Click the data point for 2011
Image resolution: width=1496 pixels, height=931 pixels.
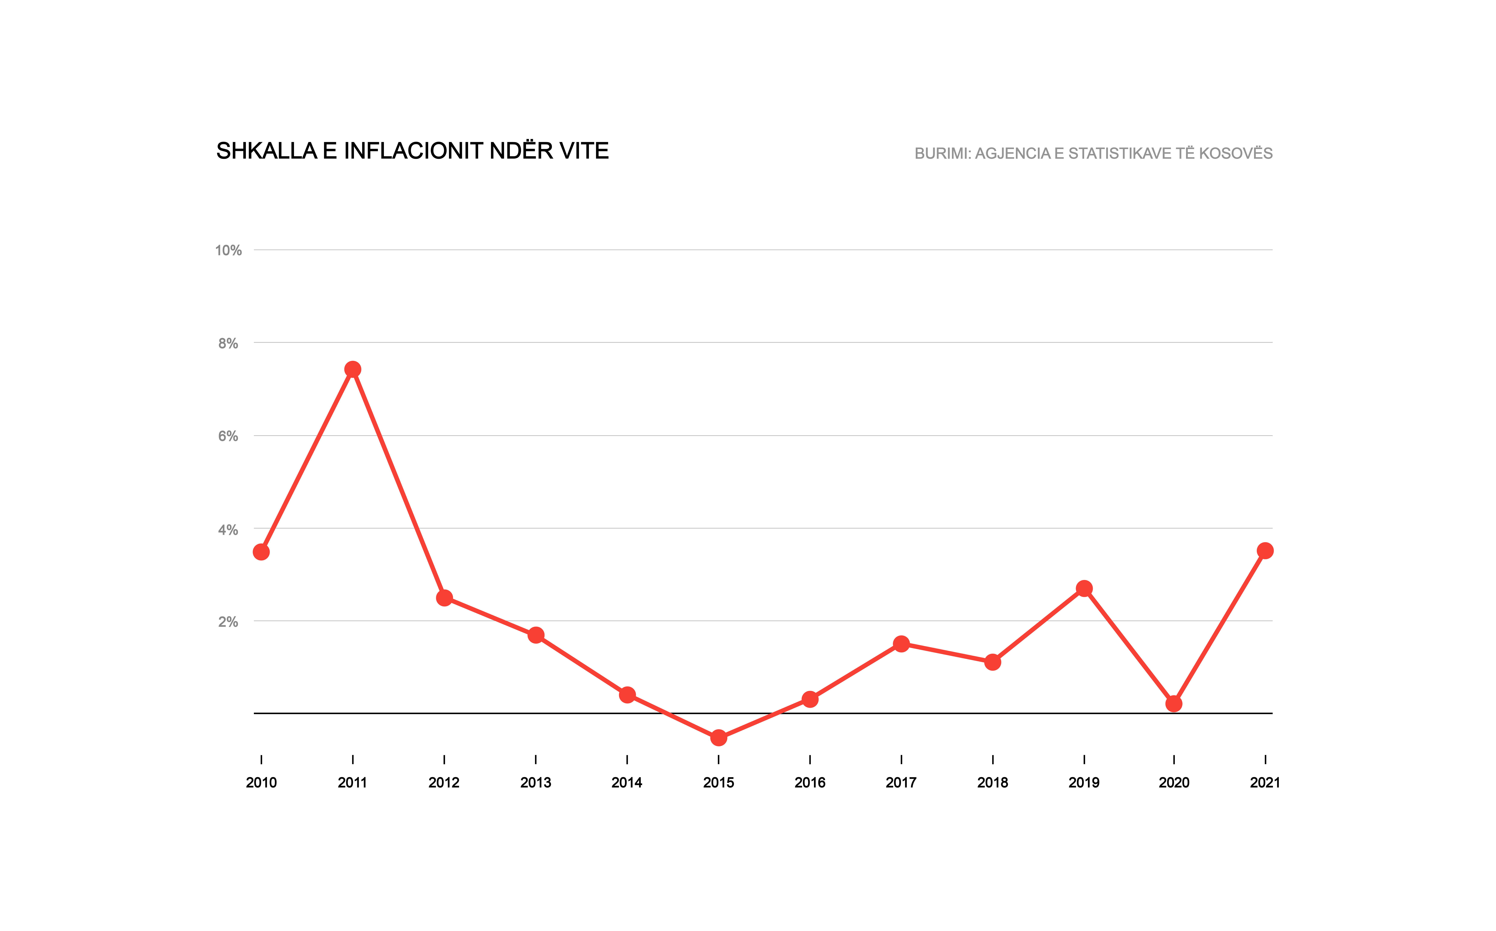pyautogui.click(x=353, y=369)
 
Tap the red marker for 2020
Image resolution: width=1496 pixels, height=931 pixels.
pyautogui.click(x=1174, y=703)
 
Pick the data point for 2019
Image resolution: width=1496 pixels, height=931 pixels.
pyautogui.click(x=1084, y=589)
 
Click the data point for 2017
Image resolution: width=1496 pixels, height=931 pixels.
pyautogui.click(x=901, y=644)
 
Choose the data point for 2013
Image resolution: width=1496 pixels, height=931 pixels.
pyautogui.click(x=536, y=635)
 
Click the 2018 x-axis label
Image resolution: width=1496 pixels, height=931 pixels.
pyautogui.click(x=993, y=783)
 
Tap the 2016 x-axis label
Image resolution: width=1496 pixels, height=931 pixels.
pyautogui.click(x=810, y=783)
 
